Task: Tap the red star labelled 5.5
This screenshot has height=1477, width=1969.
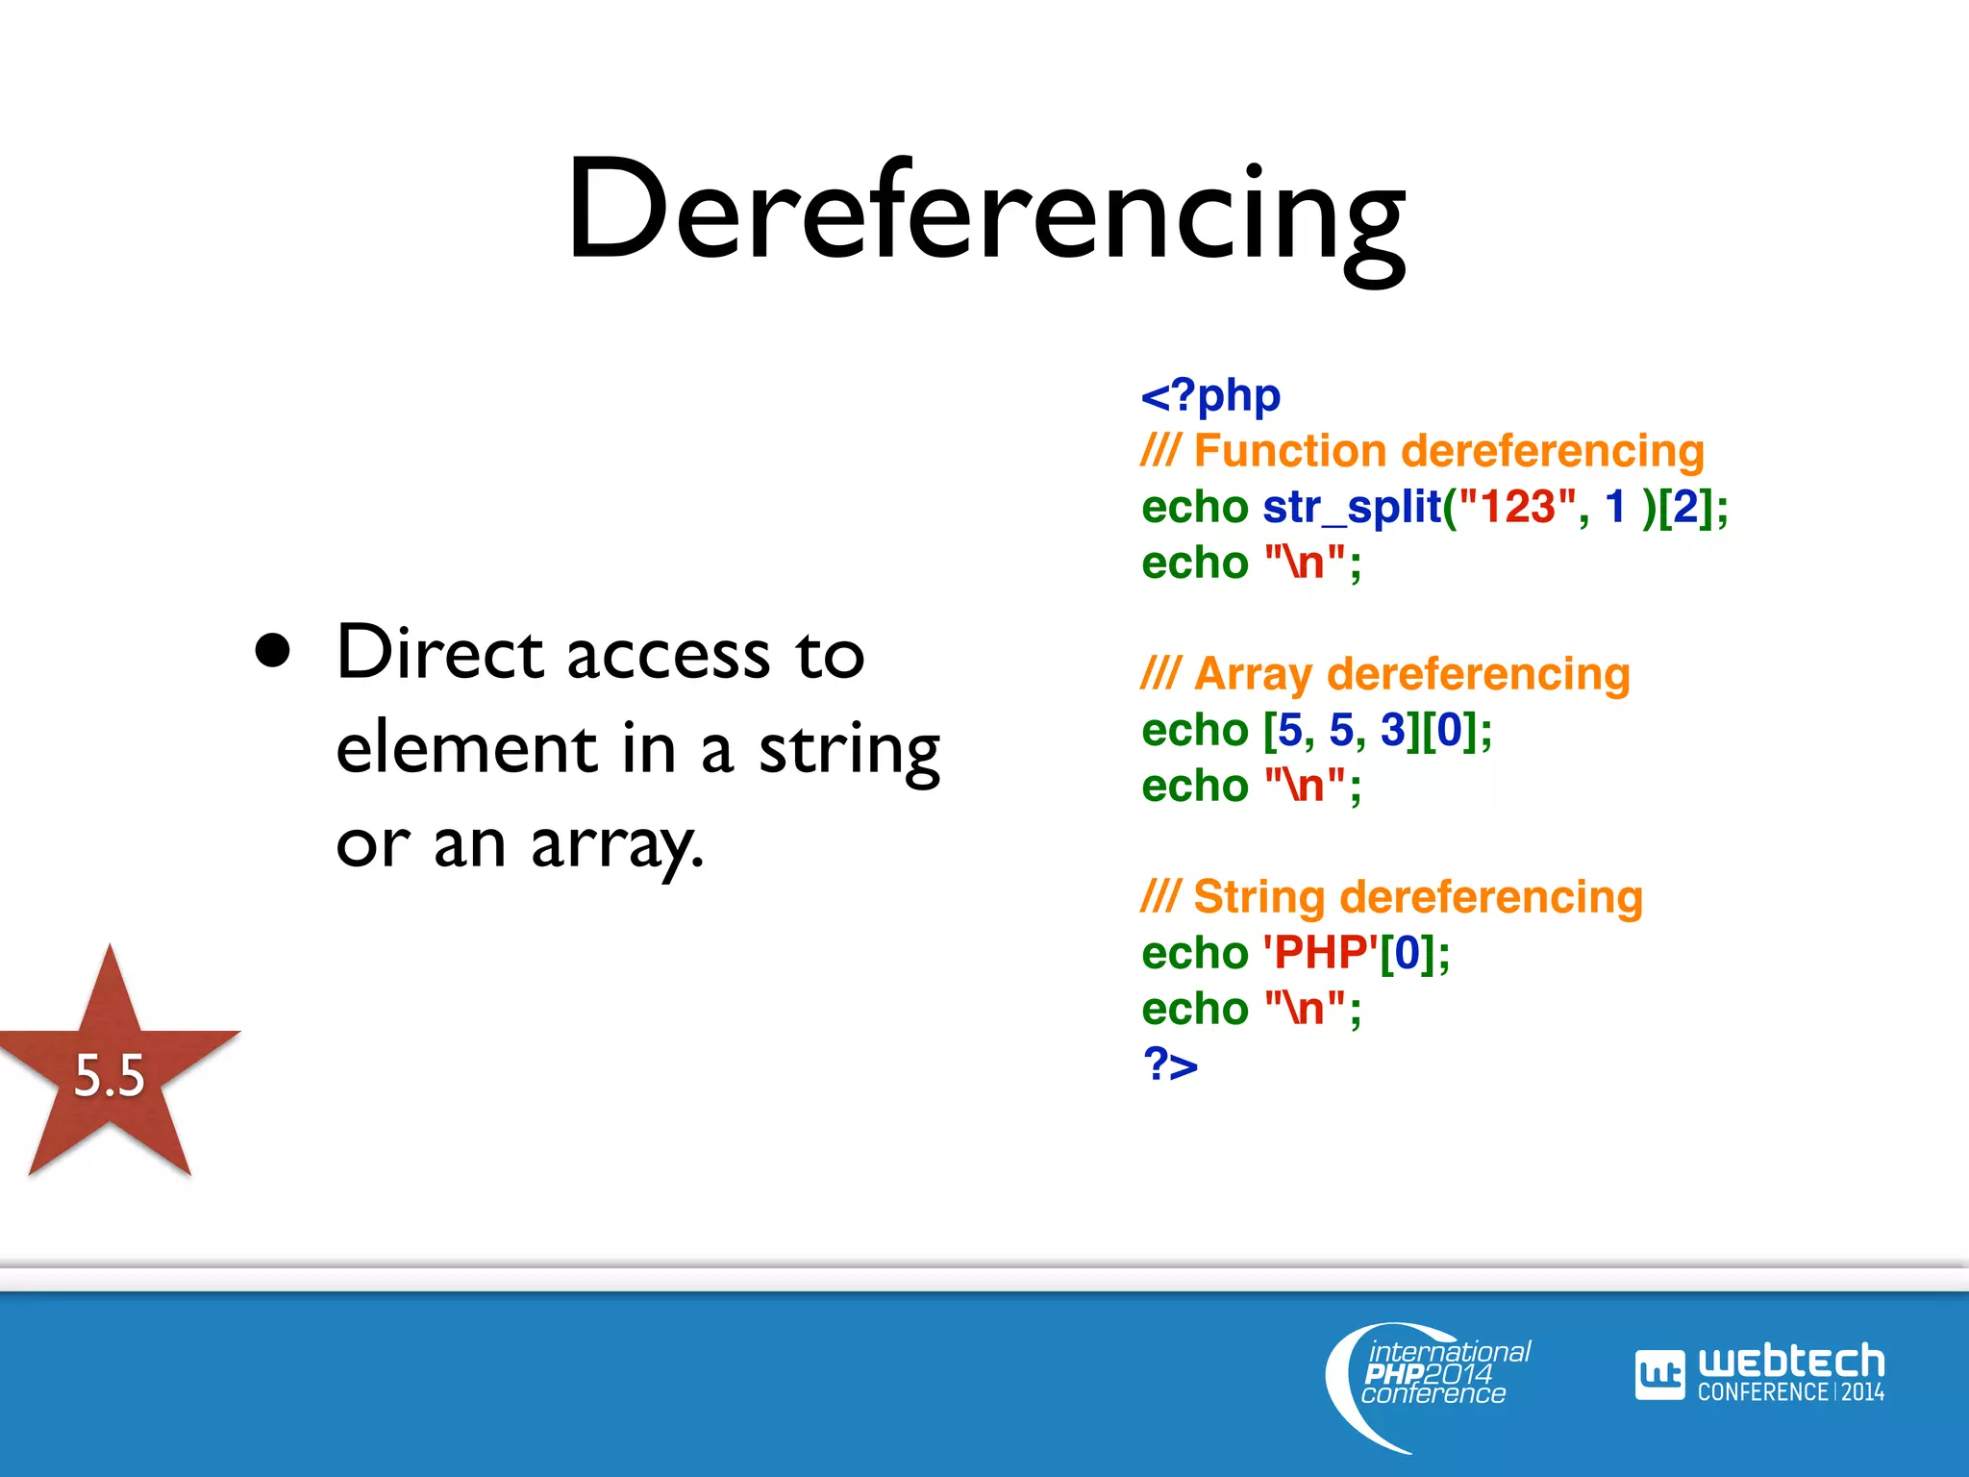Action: click(110, 1067)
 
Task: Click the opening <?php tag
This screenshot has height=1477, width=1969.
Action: click(1210, 395)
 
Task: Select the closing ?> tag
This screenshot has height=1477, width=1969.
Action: click(1170, 1064)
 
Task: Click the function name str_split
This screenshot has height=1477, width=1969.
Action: click(1352, 508)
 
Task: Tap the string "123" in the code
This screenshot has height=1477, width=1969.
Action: click(1517, 507)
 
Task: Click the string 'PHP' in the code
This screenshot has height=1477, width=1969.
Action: click(1320, 953)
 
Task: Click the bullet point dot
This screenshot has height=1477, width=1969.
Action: click(273, 651)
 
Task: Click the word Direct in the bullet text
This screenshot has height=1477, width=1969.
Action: click(441, 653)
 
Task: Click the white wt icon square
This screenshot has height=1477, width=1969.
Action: click(1659, 1375)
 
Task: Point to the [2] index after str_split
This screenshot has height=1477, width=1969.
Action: click(1685, 508)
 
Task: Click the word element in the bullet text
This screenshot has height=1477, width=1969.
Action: click(467, 749)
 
